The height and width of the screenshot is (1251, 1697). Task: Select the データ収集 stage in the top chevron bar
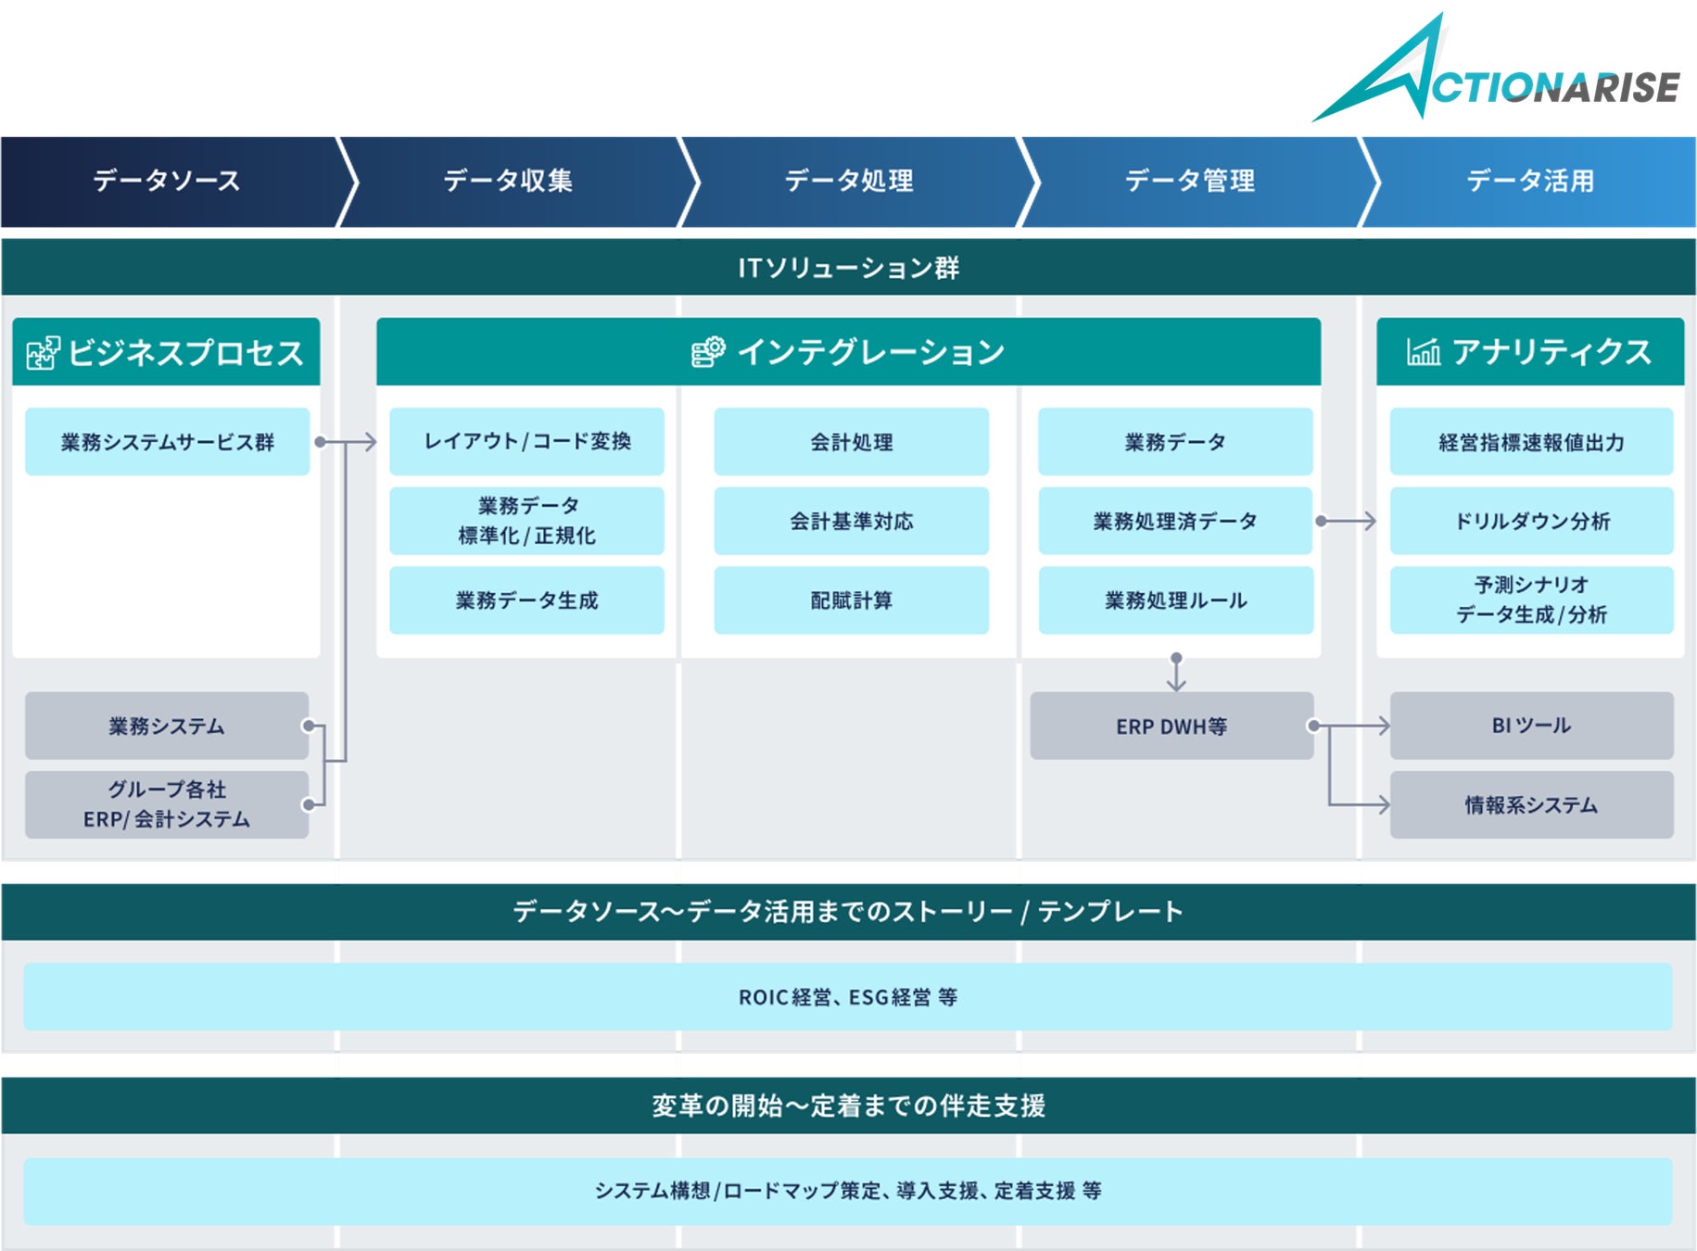508,181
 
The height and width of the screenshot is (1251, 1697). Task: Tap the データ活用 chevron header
1529,181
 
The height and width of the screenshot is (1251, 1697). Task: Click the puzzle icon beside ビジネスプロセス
43,353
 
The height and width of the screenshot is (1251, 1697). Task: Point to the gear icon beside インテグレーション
708,352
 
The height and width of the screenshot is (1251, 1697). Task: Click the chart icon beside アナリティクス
1423,352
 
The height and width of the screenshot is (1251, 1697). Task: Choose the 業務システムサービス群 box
167,442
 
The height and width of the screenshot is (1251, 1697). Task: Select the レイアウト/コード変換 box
526,442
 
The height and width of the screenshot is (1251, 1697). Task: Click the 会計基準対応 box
851,522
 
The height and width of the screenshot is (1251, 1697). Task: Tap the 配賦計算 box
851,600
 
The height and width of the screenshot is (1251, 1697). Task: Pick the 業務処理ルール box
1175,600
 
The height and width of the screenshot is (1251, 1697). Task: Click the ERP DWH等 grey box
1171,727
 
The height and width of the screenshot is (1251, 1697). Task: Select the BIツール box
1531,726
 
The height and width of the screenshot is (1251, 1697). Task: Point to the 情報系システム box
1531,805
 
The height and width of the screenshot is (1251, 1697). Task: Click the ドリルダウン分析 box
1531,522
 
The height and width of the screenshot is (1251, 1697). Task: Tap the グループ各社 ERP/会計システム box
167,804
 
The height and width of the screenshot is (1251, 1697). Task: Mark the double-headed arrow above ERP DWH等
1176,673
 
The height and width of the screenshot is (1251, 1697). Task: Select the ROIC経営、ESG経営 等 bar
848,997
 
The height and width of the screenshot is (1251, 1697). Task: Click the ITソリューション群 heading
848,268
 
